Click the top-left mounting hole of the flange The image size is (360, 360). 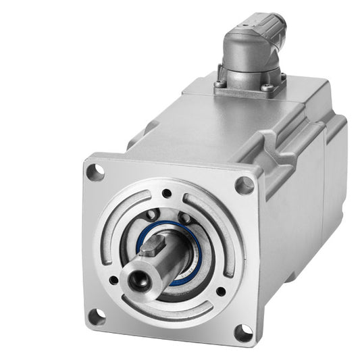pyautogui.click(x=95, y=172)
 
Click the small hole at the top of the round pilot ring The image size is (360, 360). pyautogui.click(x=167, y=194)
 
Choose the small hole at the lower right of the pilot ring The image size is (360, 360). pyautogui.click(x=221, y=292)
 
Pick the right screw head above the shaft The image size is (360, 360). pyautogui.click(x=186, y=218)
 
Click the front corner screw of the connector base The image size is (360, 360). pyautogui.click(x=267, y=88)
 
